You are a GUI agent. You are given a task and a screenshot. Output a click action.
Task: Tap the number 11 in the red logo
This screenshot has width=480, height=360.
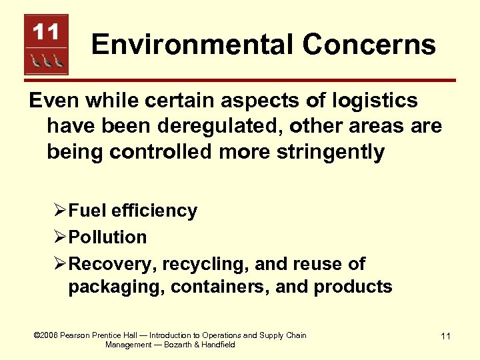(x=46, y=31)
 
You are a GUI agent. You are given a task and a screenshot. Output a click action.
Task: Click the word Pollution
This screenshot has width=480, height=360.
(x=107, y=237)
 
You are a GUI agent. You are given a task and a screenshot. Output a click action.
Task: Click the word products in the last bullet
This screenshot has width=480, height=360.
(x=353, y=287)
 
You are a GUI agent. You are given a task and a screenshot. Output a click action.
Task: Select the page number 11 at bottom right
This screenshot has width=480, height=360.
(x=445, y=337)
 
